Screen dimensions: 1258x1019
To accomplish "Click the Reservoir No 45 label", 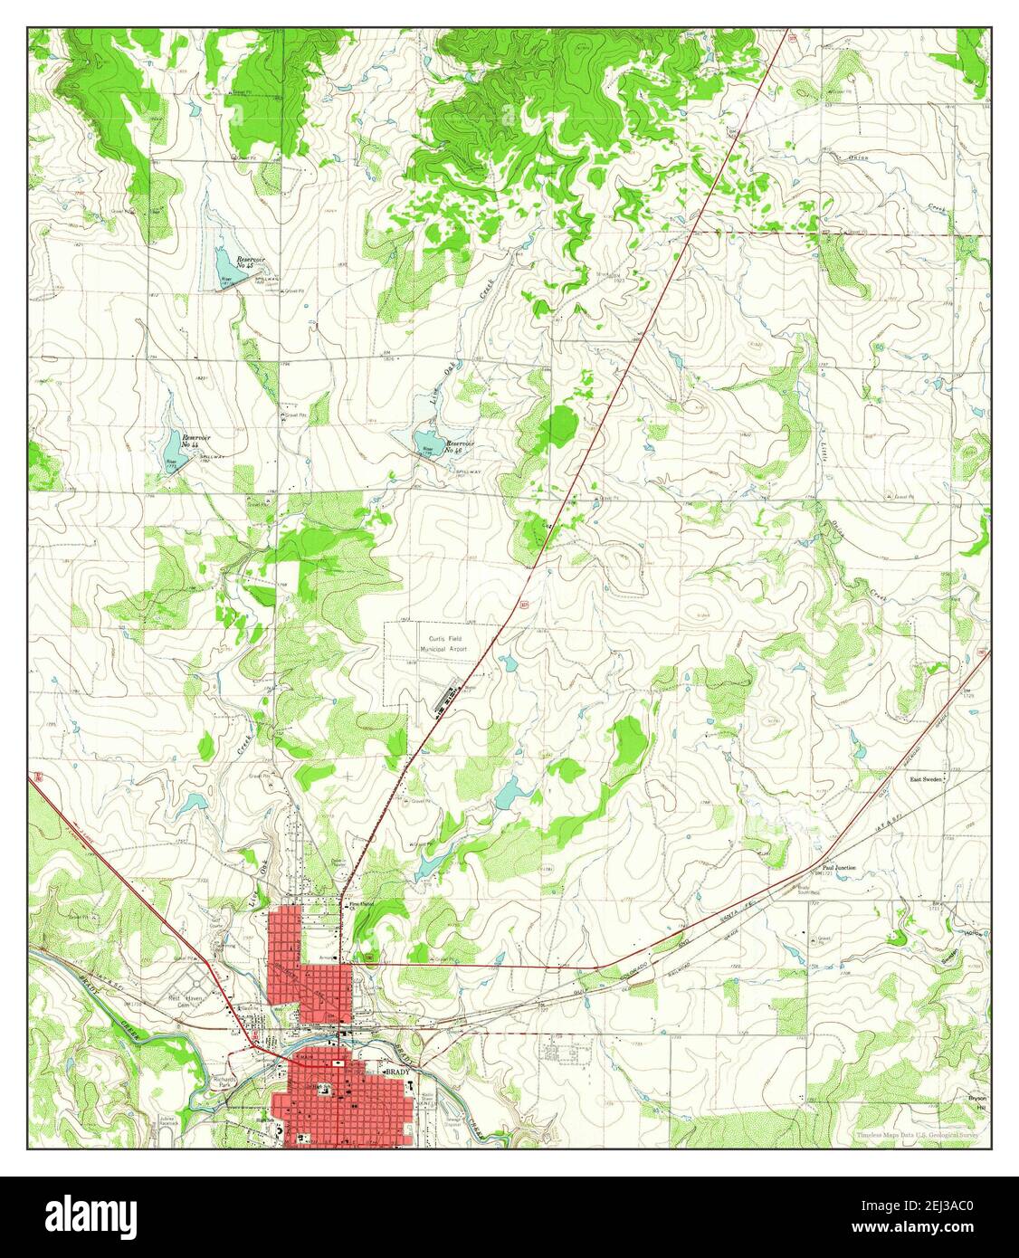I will click(251, 263).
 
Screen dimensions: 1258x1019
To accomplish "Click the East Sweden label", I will click(927, 778).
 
